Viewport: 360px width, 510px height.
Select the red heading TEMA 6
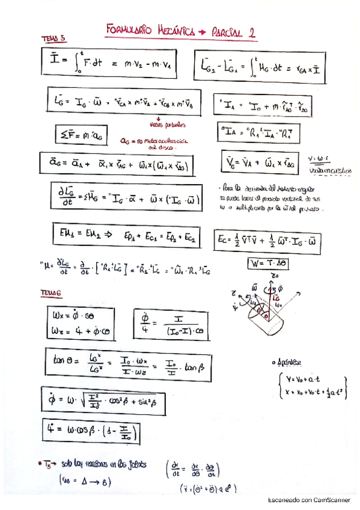[52, 293]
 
